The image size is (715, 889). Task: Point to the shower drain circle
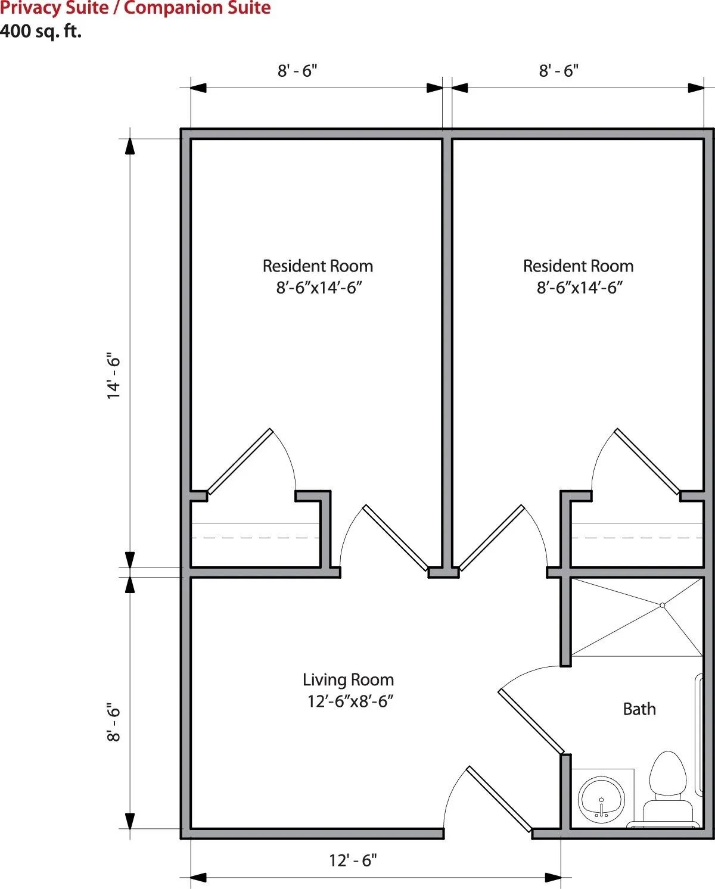coord(662,605)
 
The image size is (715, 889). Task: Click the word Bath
coord(639,709)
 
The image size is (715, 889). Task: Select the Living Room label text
coord(348,679)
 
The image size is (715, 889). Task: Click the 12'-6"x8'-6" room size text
coord(350,701)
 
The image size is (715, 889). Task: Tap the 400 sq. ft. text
coord(41,31)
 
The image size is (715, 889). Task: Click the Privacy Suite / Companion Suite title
coord(135,7)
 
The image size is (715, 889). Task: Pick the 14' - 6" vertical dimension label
coord(113,376)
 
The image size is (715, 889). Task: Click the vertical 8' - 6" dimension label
coord(113,722)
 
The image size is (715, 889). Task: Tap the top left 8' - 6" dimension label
coord(297,71)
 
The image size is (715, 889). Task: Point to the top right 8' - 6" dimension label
coord(559,71)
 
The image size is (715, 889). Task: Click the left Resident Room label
coord(318,266)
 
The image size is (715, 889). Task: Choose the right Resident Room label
coord(578,266)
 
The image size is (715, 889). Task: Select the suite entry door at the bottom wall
coord(499,799)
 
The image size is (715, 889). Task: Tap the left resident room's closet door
coord(240,461)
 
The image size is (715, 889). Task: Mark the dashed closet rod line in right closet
coord(637,538)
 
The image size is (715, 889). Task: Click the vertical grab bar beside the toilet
coord(699,734)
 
